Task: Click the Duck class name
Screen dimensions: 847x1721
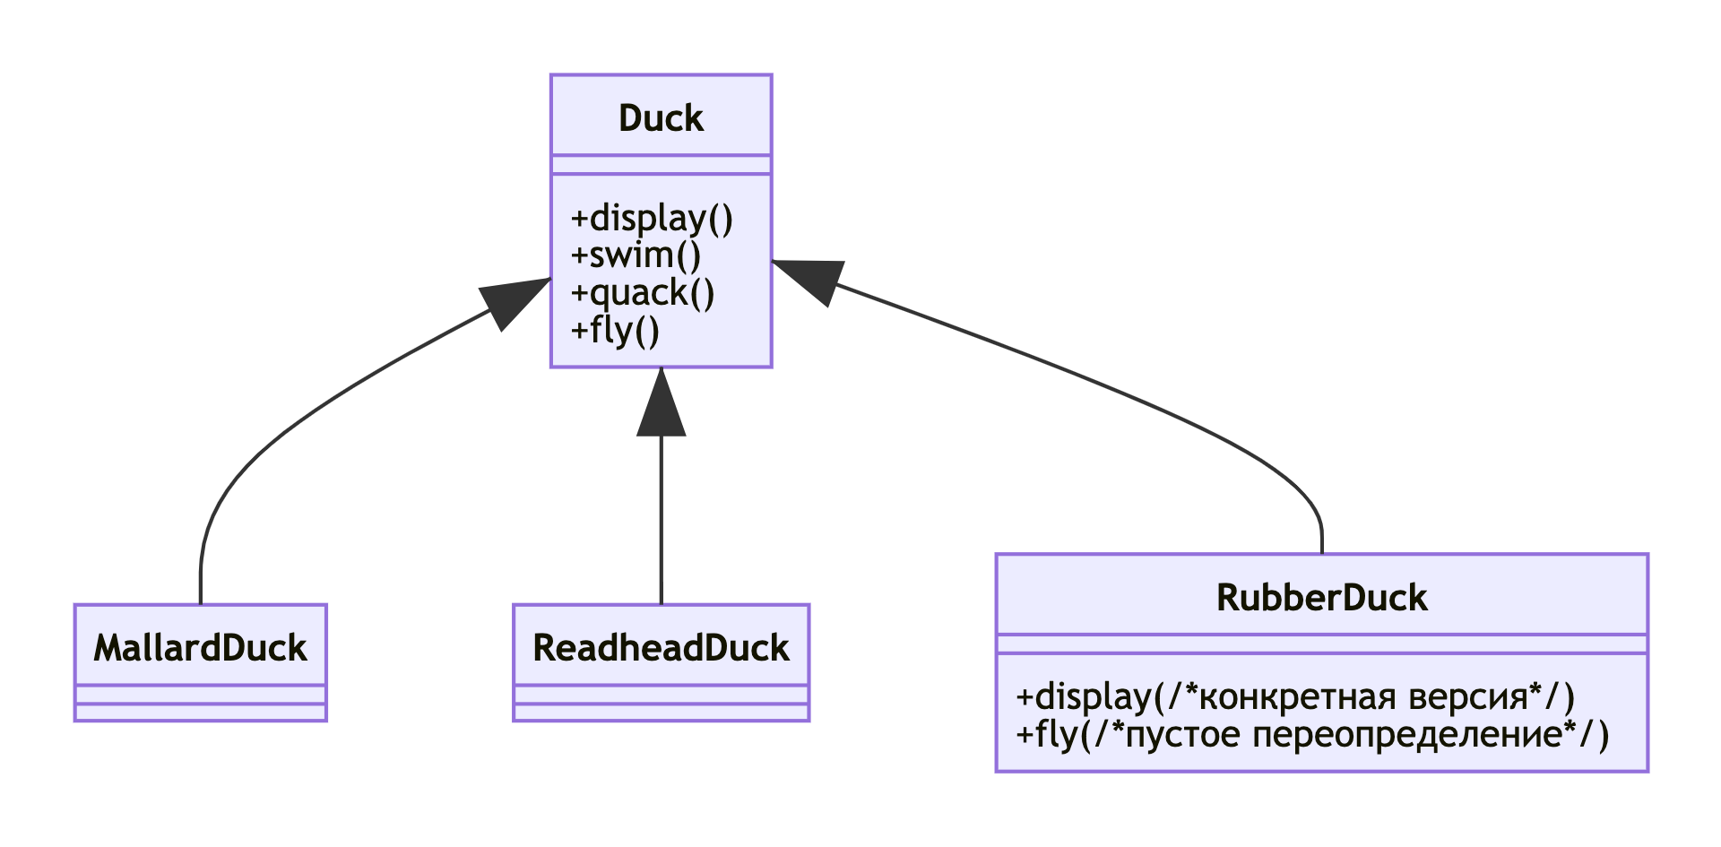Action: pos(661,118)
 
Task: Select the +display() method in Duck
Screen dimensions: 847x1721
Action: pos(652,219)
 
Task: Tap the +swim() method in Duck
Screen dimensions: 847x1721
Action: pos(636,255)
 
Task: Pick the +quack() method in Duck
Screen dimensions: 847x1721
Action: pos(643,293)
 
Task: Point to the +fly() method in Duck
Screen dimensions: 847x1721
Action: pos(615,331)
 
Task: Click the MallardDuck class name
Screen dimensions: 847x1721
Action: pos(200,648)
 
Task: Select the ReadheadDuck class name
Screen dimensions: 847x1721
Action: pos(661,648)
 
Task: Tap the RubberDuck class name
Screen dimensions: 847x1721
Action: pos(1321,598)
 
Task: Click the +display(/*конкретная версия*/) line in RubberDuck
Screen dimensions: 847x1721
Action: pos(1295,697)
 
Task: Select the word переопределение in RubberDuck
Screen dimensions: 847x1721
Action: pos(1407,735)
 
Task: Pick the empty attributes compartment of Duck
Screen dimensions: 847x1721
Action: pos(661,165)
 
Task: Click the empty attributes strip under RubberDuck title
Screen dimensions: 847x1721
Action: pos(1321,644)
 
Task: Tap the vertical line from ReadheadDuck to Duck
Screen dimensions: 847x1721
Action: pos(661,520)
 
